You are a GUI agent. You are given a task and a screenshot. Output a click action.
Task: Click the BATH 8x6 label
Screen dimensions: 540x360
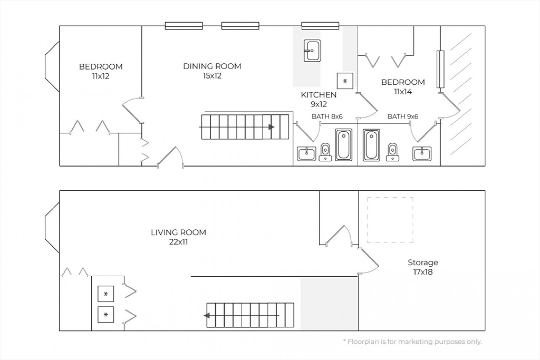pyautogui.click(x=327, y=117)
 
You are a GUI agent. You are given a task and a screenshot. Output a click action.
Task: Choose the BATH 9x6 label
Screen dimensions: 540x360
pyautogui.click(x=403, y=117)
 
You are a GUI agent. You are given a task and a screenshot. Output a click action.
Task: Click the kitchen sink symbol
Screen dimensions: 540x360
pyautogui.click(x=312, y=51)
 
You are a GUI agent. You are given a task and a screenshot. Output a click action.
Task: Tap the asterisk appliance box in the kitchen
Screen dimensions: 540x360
pyautogui.click(x=345, y=81)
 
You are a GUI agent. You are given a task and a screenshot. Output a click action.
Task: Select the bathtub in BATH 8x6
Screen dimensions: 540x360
pyautogui.click(x=344, y=145)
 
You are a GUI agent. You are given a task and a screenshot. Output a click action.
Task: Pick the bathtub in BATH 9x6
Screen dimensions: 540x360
pyautogui.click(x=371, y=145)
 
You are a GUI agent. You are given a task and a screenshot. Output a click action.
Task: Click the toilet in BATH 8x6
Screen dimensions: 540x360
pyautogui.click(x=325, y=152)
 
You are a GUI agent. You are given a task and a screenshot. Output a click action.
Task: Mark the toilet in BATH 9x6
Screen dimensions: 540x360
pyautogui.click(x=393, y=152)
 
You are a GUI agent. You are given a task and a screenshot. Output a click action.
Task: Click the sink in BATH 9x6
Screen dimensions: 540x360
pyautogui.click(x=422, y=154)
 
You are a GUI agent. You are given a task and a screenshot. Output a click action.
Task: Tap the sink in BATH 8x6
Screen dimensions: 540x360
pyautogui.click(x=307, y=154)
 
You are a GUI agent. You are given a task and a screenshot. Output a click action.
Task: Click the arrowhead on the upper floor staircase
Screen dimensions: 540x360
pyautogui.click(x=272, y=127)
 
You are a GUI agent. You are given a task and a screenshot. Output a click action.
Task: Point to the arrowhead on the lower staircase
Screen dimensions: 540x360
pyautogui.click(x=206, y=315)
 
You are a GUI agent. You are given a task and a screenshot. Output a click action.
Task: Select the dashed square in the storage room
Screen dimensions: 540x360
pyautogui.click(x=390, y=198)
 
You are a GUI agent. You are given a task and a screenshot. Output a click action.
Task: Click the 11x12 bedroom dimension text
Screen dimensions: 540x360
pyautogui.click(x=101, y=76)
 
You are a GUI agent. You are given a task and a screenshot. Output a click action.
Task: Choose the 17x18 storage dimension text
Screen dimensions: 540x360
pyautogui.click(x=423, y=272)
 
